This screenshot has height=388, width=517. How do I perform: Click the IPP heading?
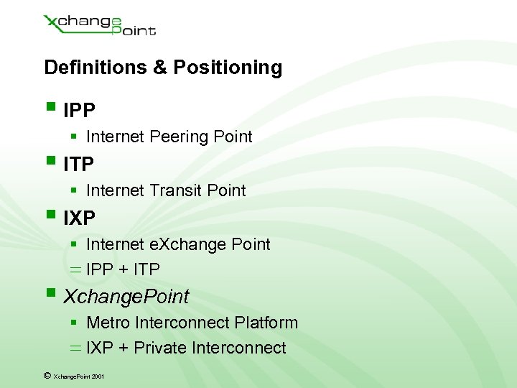(79, 111)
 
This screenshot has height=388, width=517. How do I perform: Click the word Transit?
(175, 190)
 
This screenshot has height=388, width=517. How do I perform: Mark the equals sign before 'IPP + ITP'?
(75, 269)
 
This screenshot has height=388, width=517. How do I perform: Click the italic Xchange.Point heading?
(126, 296)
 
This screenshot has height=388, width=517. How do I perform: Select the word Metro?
(106, 323)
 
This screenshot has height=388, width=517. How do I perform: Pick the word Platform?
(267, 323)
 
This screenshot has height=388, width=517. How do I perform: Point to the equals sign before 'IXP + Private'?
(75, 348)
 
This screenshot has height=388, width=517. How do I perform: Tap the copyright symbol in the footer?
(47, 375)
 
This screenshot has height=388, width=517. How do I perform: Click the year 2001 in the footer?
(98, 376)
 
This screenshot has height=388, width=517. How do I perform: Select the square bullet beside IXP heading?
(50, 215)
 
